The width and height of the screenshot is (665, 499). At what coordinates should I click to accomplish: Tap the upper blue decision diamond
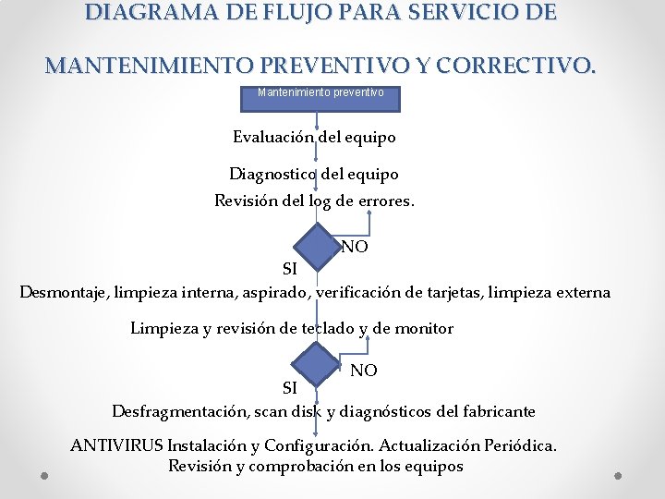(318, 247)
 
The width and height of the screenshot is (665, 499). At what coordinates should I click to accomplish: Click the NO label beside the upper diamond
(355, 247)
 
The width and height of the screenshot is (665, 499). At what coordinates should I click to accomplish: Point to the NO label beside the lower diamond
(364, 370)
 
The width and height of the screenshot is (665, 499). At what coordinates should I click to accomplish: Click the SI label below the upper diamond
(289, 269)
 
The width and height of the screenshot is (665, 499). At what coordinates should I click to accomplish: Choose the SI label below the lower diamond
(289, 387)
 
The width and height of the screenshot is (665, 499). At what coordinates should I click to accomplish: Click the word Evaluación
(273, 137)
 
